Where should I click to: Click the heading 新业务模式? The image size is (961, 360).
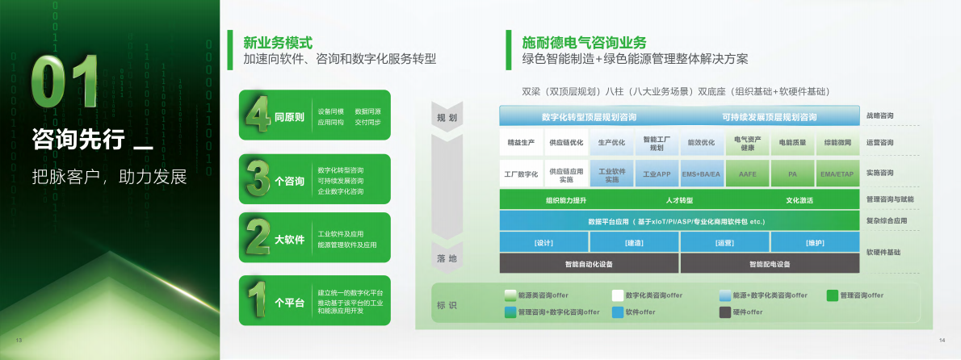[x=278, y=43]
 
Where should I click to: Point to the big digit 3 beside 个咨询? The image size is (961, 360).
[x=257, y=177]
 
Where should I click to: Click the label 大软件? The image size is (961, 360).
[x=289, y=240]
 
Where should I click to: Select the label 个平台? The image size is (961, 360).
[x=289, y=303]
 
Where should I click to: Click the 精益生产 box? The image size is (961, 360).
[x=521, y=143]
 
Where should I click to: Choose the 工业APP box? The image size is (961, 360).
[x=657, y=174]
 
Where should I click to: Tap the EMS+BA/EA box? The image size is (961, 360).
[x=701, y=174]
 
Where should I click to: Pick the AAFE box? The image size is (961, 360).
[x=747, y=174]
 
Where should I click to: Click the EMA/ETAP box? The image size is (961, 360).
[x=837, y=174]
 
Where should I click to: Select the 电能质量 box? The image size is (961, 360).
[x=792, y=143]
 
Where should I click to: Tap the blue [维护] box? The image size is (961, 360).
[x=815, y=243]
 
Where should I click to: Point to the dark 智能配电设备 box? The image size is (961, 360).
[x=770, y=264]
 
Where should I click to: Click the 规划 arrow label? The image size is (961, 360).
[x=447, y=119]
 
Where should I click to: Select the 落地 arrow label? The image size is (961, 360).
[x=447, y=258]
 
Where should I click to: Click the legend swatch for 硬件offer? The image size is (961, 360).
[x=725, y=312]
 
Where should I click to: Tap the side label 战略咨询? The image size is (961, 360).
[x=879, y=116]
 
